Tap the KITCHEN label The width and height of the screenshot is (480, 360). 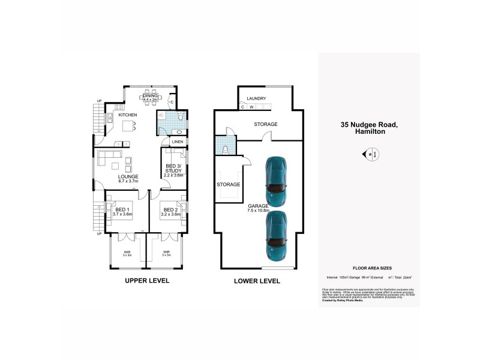(127, 115)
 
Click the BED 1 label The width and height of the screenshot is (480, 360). (122, 209)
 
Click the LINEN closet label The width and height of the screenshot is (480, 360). (178, 142)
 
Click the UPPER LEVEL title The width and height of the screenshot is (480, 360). (147, 280)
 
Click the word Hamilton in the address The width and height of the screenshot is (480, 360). (369, 133)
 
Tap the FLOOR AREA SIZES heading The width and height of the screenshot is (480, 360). (369, 268)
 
